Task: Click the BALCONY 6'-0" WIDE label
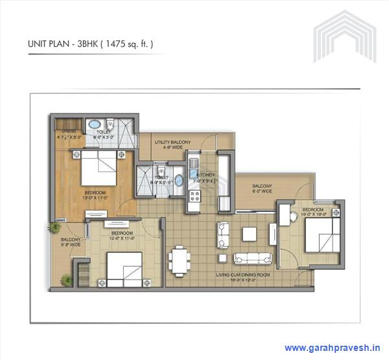pyautogui.click(x=262, y=188)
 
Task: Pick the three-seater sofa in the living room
pyautogui.click(x=250, y=258)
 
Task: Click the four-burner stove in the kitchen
pyautogui.click(x=193, y=197)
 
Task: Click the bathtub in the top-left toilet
pyautogui.click(x=95, y=124)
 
